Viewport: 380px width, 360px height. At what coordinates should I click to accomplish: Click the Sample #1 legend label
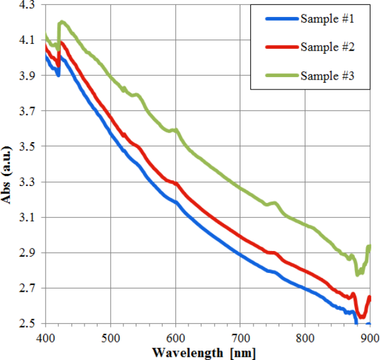[328, 19]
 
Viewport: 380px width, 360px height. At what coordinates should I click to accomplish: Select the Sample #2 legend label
[328, 48]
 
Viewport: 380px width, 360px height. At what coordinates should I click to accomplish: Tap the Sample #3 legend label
[328, 76]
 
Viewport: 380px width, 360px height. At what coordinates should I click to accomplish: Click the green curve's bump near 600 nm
[175, 130]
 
